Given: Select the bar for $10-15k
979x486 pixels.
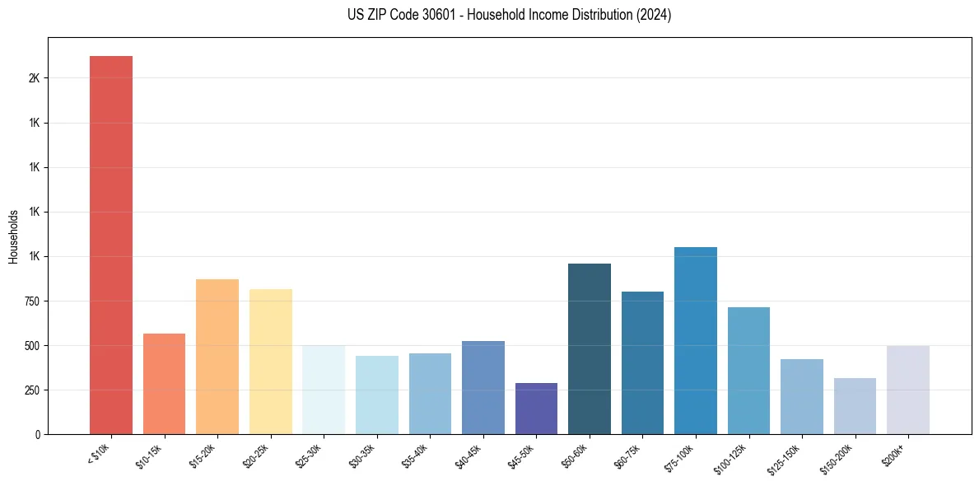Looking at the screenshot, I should pyautogui.click(x=164, y=384).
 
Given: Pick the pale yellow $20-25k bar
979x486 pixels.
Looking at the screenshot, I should pyautogui.click(x=270, y=362).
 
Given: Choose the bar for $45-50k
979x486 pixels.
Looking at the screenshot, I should pyautogui.click(x=536, y=409).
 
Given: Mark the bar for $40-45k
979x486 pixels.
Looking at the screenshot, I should pyautogui.click(x=483, y=387).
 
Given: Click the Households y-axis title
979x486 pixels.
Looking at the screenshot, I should pyautogui.click(x=14, y=236).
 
